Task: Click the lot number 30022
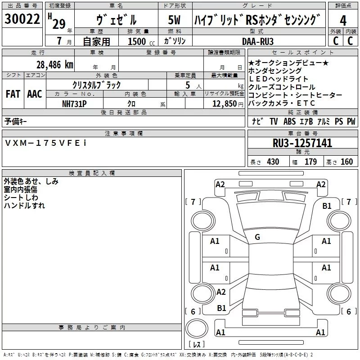(x=22, y=19)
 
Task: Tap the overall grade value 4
(x=343, y=21)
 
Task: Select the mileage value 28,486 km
(x=55, y=65)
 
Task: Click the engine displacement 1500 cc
(x=141, y=41)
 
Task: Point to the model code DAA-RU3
(x=258, y=41)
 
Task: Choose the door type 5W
(x=174, y=20)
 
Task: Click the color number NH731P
(x=74, y=104)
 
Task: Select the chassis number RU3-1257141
(x=302, y=143)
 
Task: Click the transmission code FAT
(x=13, y=94)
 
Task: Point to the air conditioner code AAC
(x=35, y=94)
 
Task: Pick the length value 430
(x=273, y=162)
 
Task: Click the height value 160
(x=346, y=162)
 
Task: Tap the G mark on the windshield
(x=257, y=237)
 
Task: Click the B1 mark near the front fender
(x=327, y=206)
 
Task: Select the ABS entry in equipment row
(x=289, y=121)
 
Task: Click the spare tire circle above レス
(x=197, y=328)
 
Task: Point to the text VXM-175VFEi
(x=46, y=143)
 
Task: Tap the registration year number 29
(x=59, y=24)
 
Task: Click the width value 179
(x=310, y=162)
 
